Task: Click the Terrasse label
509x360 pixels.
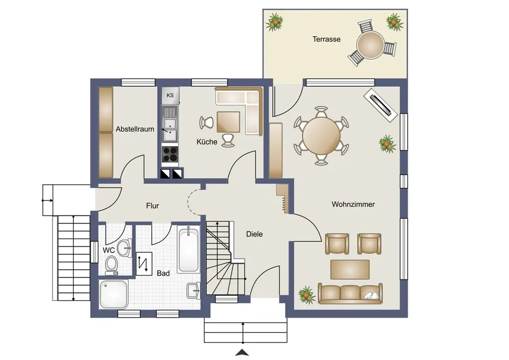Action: [x=326, y=39]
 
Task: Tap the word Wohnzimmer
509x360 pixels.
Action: [x=353, y=205]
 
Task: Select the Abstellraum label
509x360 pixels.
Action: [x=135, y=129]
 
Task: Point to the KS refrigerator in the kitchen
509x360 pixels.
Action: [x=170, y=95]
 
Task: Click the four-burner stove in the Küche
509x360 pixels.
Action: [x=170, y=154]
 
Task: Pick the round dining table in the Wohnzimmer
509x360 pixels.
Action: [x=321, y=136]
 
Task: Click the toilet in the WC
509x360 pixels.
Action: [x=111, y=264]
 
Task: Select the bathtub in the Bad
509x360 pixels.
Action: [x=188, y=250]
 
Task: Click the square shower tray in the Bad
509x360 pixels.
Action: [x=114, y=294]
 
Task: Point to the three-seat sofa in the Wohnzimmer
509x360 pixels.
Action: [x=350, y=293]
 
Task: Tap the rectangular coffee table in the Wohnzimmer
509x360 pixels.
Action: [x=350, y=269]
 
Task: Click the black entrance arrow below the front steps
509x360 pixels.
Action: [x=242, y=352]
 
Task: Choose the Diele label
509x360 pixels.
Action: [x=254, y=234]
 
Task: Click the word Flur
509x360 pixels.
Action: [x=152, y=206]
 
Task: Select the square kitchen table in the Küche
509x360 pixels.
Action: [x=229, y=122]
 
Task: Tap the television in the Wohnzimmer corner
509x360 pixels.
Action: [x=380, y=105]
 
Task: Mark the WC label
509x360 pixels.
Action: [x=109, y=251]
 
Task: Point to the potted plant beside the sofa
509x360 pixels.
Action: [x=306, y=295]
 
